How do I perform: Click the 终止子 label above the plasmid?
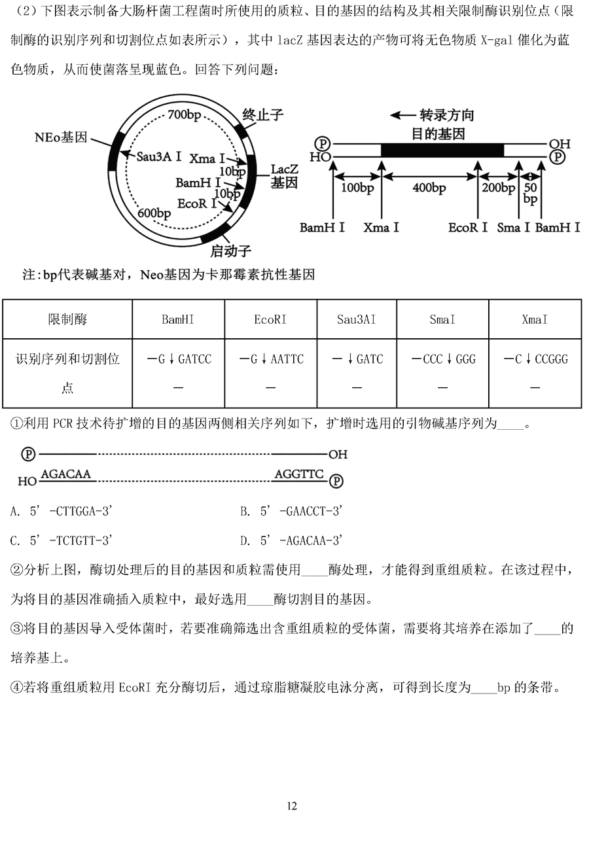click(262, 115)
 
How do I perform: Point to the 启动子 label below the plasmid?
click(230, 251)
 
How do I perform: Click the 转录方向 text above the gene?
click(447, 115)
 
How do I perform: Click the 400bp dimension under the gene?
click(429, 188)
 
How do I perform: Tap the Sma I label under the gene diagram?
click(513, 227)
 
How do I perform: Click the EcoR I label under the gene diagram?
click(468, 227)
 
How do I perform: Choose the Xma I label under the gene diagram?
click(381, 227)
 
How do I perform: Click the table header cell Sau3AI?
click(356, 319)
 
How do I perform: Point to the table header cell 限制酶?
click(67, 319)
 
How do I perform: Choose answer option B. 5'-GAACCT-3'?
click(291, 511)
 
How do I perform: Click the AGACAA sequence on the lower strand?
click(66, 473)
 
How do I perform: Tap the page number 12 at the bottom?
click(292, 805)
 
